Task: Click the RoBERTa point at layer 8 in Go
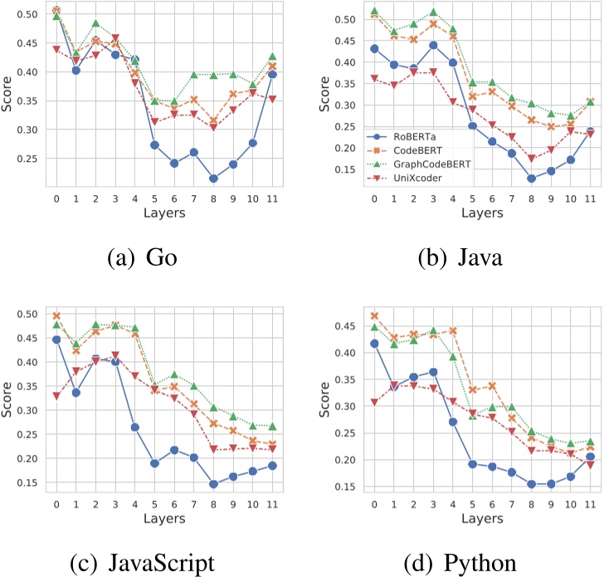(213, 178)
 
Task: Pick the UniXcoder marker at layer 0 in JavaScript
(56, 396)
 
